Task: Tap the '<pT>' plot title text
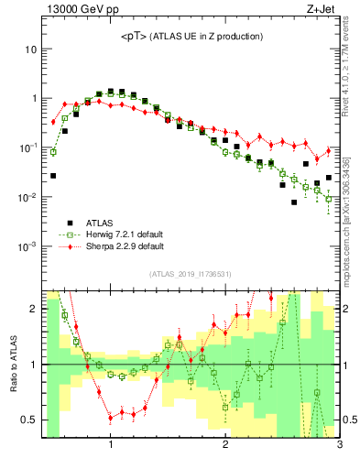coord(191,37)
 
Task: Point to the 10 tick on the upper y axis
coord(29,49)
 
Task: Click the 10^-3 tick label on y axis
coord(27,247)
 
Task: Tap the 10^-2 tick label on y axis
coord(27,198)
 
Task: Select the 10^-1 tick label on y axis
coord(27,148)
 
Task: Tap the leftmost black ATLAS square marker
coord(53,175)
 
